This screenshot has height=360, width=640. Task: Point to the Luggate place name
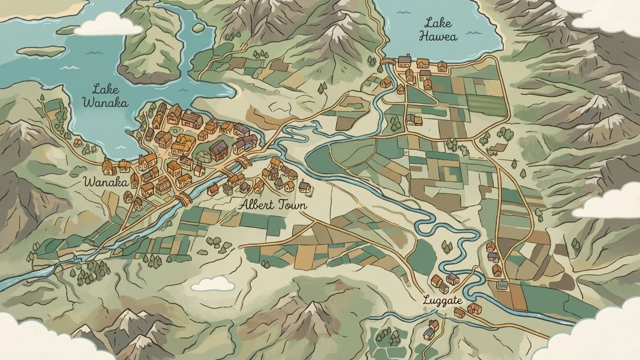(442, 300)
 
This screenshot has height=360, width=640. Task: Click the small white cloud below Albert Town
(213, 283)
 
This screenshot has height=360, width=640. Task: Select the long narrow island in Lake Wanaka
(42, 51)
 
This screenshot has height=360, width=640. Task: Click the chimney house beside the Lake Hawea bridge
(404, 60)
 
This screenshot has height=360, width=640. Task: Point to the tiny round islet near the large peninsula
(198, 28)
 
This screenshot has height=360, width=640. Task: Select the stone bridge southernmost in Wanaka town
(184, 200)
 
